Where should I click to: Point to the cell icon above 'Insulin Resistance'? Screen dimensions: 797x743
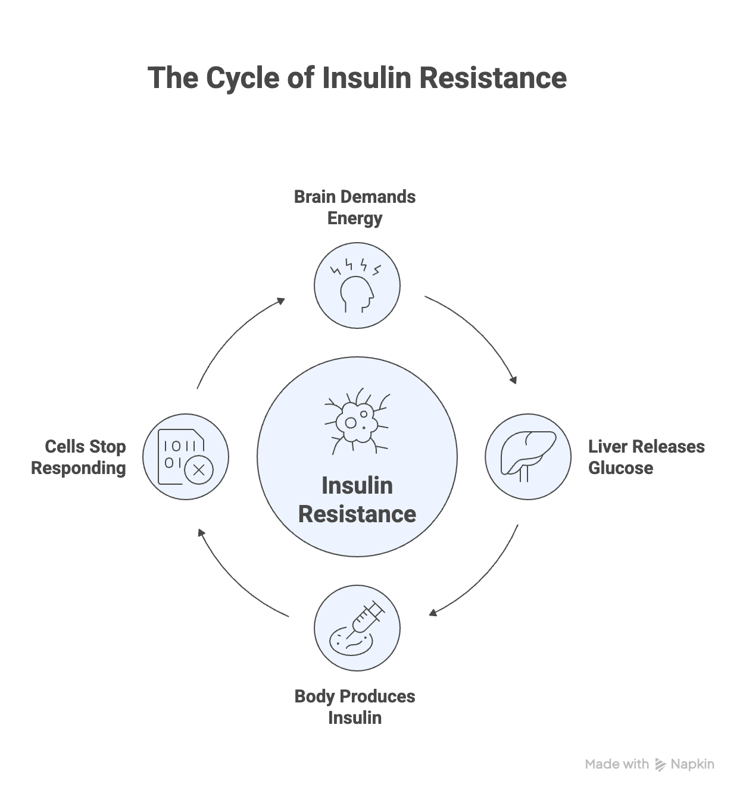click(x=357, y=421)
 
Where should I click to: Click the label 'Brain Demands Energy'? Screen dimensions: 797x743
click(x=355, y=208)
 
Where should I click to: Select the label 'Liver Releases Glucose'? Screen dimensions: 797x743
click(x=646, y=457)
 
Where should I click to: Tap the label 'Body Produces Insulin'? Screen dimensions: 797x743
click(x=355, y=707)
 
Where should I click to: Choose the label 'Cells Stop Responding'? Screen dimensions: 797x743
click(x=79, y=457)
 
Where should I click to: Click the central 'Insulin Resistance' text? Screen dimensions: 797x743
click(x=357, y=500)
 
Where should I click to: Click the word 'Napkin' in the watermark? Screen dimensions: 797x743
click(x=692, y=764)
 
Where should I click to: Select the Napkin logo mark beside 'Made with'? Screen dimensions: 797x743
click(x=660, y=765)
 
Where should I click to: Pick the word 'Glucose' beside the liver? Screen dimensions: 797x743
click(x=620, y=468)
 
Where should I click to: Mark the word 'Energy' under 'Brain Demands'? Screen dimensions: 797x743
click(x=355, y=218)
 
